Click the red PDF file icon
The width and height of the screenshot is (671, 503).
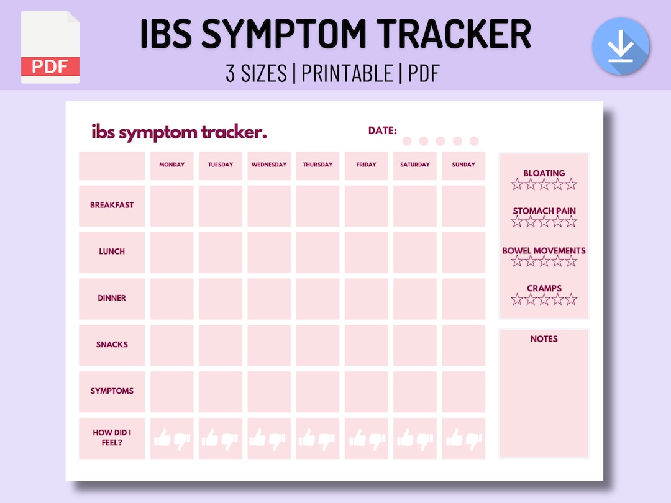[50, 48]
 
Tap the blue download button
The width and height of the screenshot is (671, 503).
[620, 47]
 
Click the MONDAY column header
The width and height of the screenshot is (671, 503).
[171, 165]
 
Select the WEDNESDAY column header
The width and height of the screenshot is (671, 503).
[269, 165]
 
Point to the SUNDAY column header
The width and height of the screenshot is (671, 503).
[463, 165]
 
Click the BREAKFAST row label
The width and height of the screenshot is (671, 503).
[112, 206]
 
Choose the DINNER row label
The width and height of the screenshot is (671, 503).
[112, 299]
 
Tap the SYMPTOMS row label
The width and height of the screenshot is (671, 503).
[112, 391]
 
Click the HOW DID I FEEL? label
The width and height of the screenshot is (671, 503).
[112, 438]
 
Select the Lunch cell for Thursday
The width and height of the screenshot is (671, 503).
[317, 252]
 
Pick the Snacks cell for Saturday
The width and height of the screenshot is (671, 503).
[415, 345]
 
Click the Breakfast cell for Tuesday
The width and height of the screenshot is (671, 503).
[221, 206]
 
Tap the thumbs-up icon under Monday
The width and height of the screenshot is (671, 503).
[162, 438]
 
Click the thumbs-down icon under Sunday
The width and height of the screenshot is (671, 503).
[474, 440]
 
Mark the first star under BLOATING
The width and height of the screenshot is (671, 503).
[517, 184]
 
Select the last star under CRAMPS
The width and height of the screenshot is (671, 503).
[571, 299]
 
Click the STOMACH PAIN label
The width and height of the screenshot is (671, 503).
[544, 211]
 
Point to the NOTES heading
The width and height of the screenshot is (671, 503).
[544, 339]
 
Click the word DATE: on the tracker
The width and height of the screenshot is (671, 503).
[382, 130]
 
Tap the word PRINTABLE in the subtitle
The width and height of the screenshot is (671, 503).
[347, 73]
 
